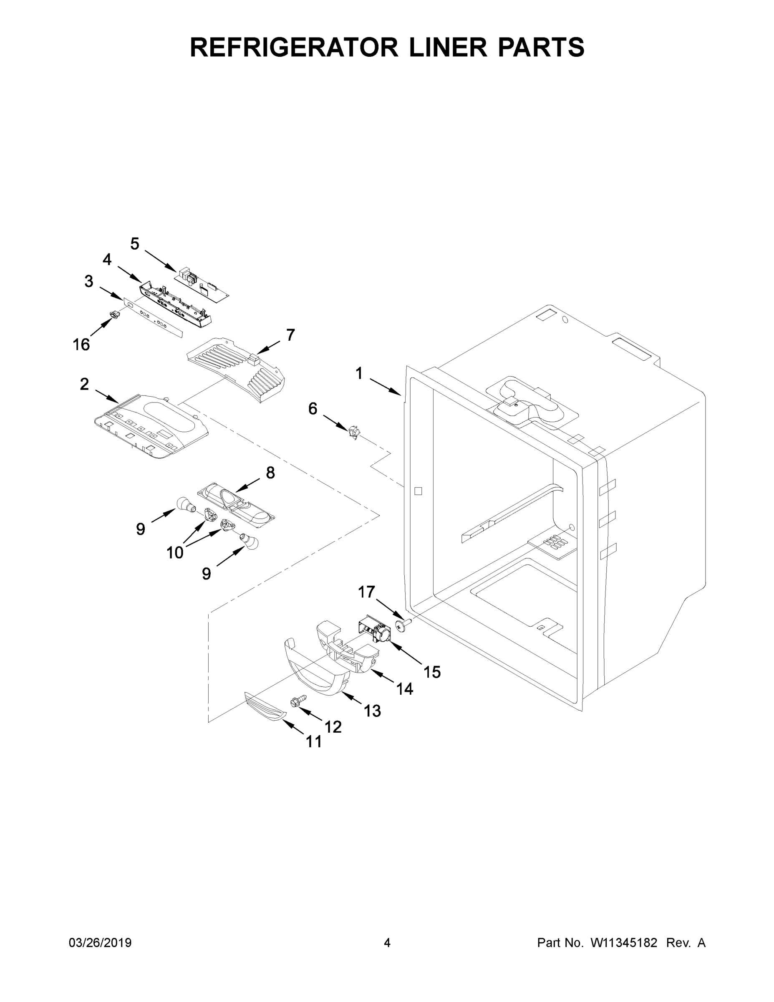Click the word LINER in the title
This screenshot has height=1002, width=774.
[448, 47]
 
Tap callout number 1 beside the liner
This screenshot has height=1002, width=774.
[359, 374]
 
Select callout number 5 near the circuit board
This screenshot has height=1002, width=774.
[134, 244]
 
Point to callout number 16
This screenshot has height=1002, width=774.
[81, 344]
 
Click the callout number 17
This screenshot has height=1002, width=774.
[366, 592]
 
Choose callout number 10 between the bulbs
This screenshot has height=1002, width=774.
[175, 553]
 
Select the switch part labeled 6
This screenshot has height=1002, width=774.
[353, 431]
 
